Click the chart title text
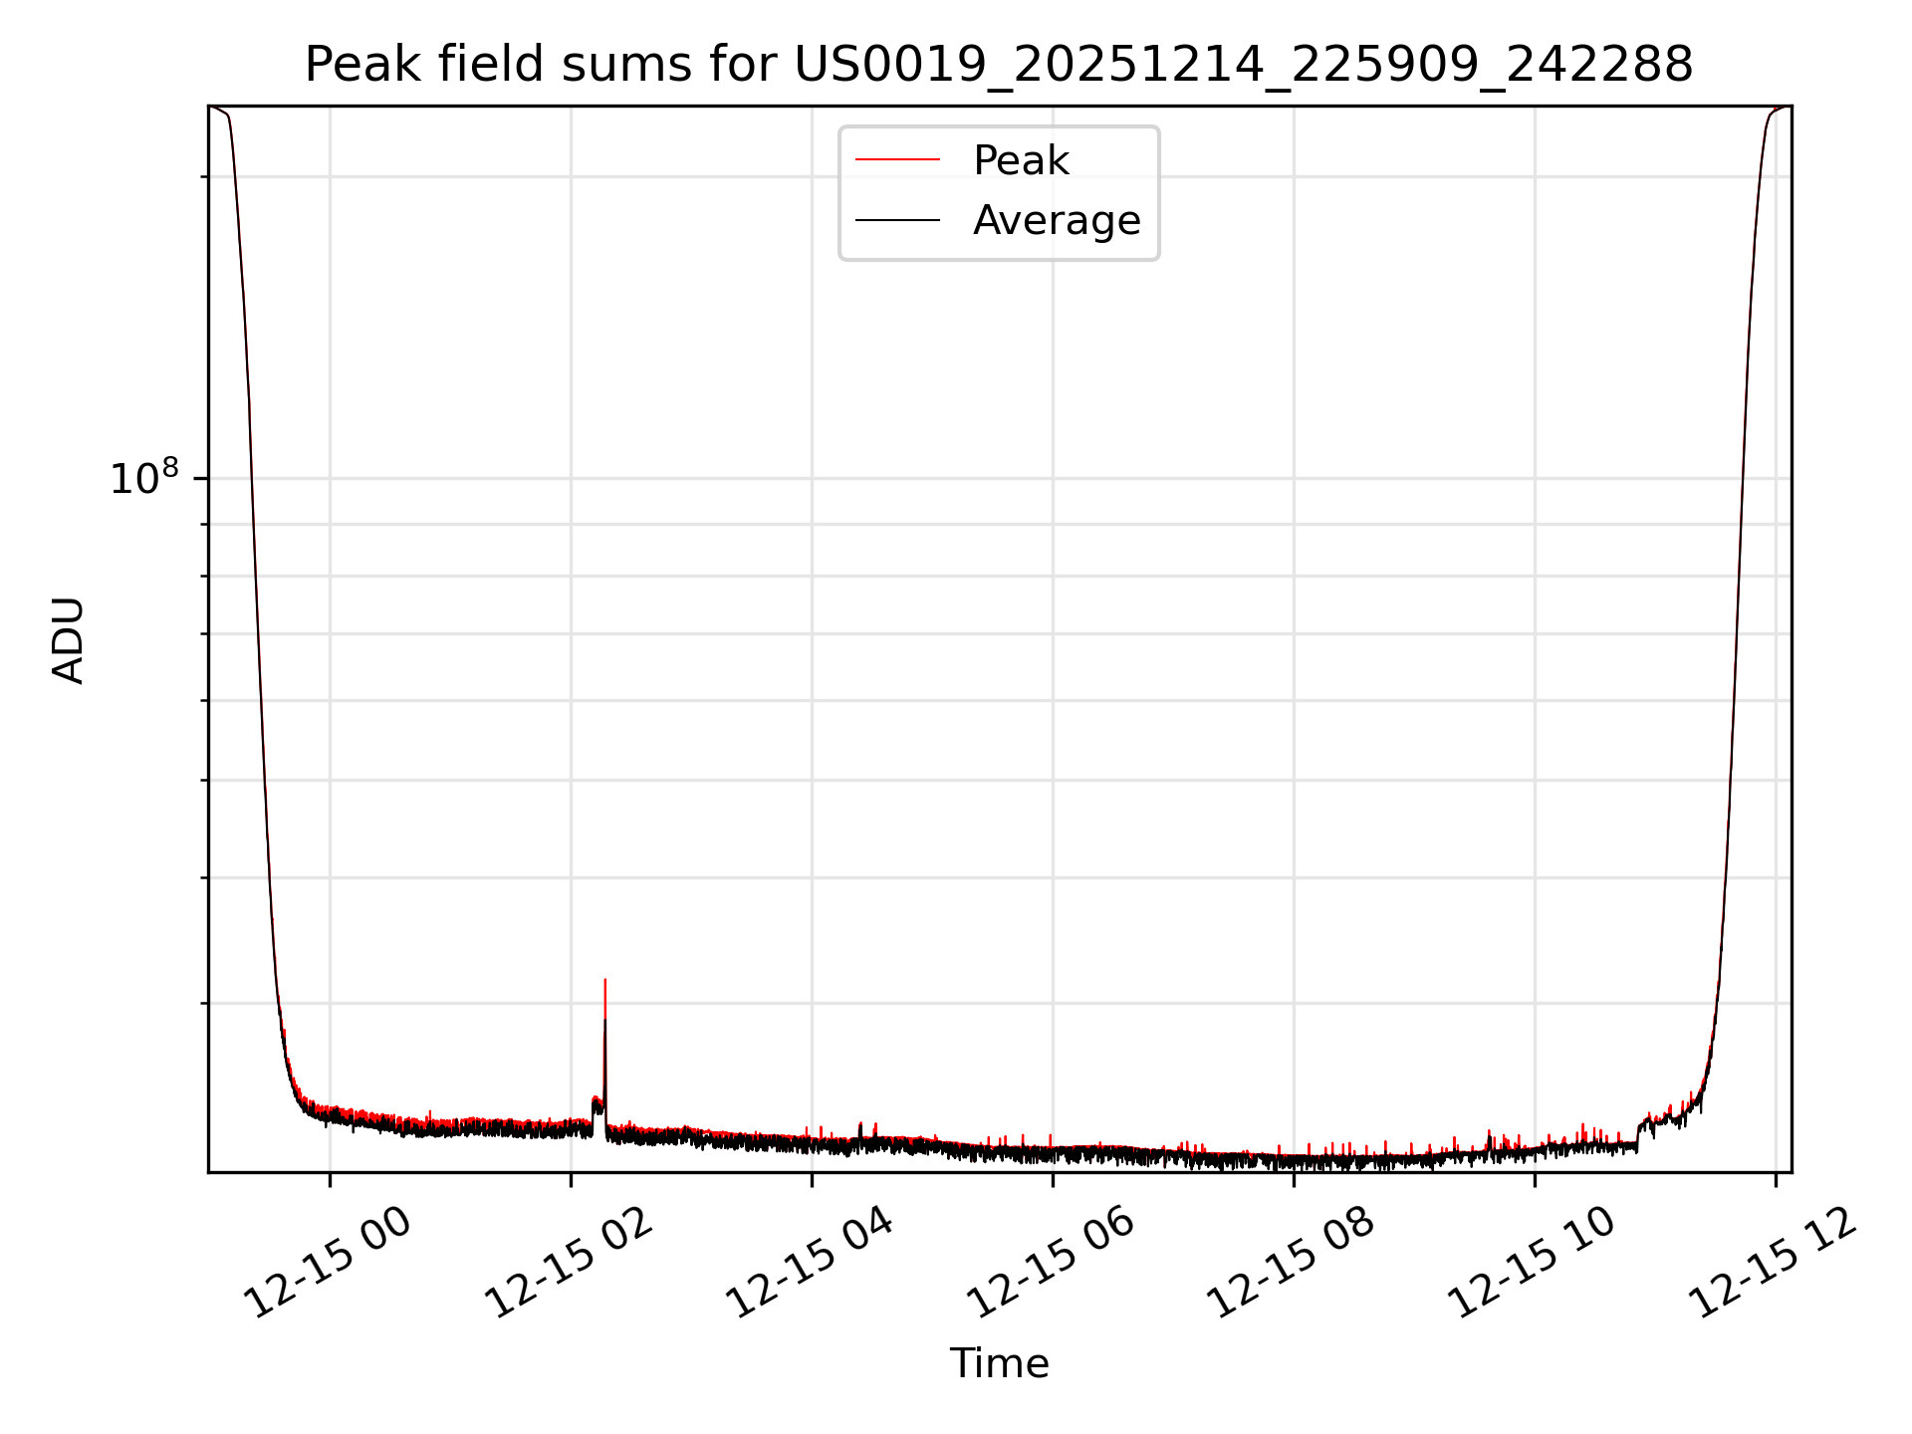click(998, 65)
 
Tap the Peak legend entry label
click(1021, 160)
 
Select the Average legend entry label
click(1056, 220)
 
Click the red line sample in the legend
click(897, 159)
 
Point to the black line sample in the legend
click(897, 220)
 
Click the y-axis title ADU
click(69, 640)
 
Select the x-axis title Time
click(999, 1363)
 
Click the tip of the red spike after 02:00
click(605, 981)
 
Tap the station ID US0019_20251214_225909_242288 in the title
click(1243, 65)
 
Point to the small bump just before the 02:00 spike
click(597, 1102)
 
